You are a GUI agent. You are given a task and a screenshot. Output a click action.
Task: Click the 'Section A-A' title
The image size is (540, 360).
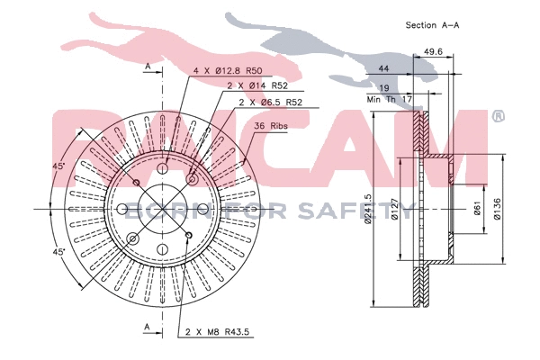click(432, 25)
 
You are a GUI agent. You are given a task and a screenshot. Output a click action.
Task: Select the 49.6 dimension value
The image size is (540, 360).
click(433, 51)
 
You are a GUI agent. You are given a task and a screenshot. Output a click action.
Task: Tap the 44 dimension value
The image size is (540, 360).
click(383, 68)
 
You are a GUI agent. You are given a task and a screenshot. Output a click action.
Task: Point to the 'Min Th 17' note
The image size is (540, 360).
click(389, 100)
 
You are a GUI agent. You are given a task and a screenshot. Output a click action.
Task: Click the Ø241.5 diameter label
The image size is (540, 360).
click(368, 209)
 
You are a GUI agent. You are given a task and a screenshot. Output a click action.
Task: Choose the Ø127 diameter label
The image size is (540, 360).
click(395, 209)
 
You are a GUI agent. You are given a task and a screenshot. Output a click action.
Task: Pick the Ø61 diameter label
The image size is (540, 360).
click(477, 208)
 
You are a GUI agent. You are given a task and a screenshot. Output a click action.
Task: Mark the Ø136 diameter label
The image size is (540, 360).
click(497, 209)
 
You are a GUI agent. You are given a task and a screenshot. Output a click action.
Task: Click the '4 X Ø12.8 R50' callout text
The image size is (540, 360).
click(228, 71)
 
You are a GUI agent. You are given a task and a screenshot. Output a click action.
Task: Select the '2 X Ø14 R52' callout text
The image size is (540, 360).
click(257, 85)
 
